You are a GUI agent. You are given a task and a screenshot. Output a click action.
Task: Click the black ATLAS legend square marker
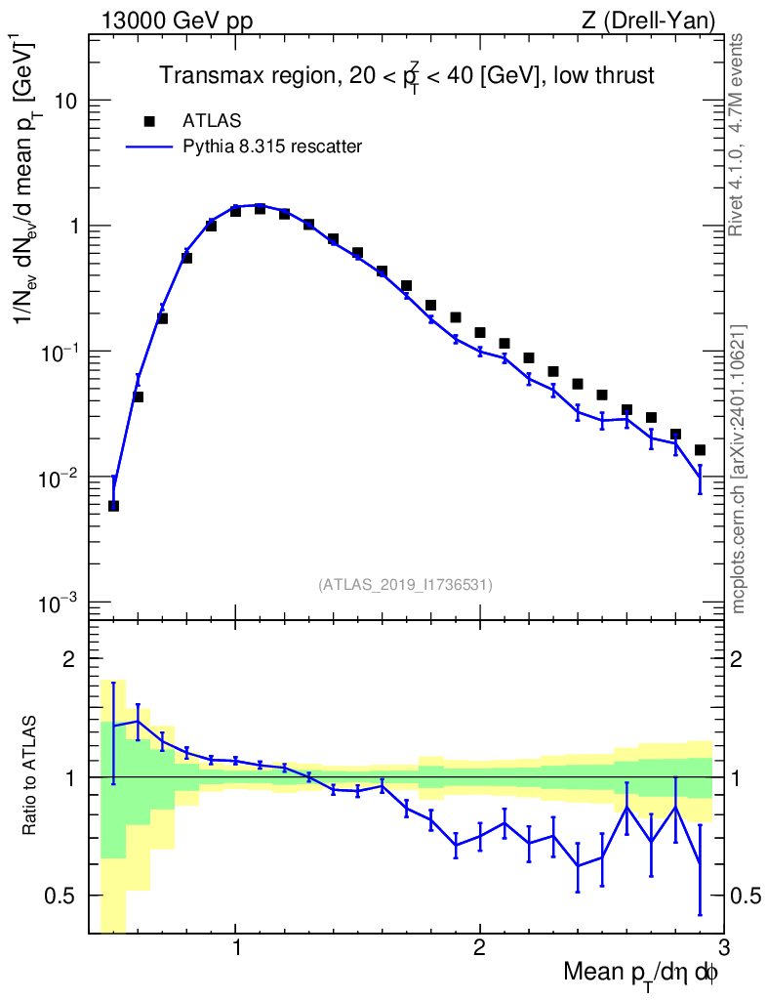[149, 121]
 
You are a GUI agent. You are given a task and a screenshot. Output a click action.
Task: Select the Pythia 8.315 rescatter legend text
[272, 146]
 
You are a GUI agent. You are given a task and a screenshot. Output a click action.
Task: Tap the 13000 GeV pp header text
[177, 21]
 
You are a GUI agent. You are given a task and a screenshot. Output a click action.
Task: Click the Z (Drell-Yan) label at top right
[648, 21]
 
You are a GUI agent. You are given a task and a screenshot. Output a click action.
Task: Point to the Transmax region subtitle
[407, 76]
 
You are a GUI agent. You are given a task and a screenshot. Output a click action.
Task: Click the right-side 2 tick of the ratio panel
[736, 659]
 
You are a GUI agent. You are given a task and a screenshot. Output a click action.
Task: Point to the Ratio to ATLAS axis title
[29, 775]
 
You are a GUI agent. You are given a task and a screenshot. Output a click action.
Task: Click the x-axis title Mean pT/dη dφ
[641, 974]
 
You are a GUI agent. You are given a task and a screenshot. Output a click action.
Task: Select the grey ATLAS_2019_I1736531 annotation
[405, 585]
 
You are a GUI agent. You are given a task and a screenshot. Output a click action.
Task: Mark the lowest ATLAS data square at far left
[113, 506]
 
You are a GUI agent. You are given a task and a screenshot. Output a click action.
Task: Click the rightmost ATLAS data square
[700, 450]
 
